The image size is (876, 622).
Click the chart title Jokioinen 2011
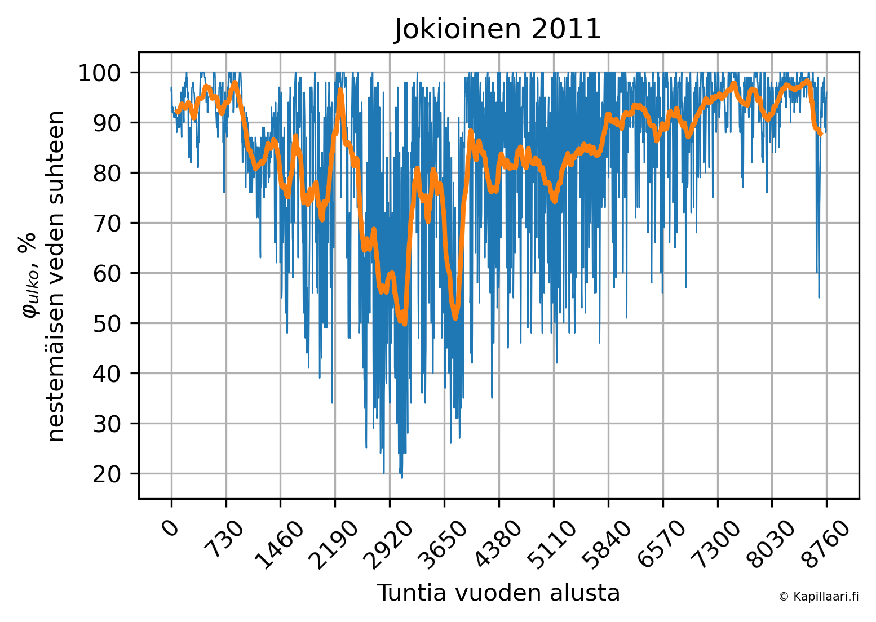[x=498, y=29]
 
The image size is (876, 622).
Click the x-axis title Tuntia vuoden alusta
[x=498, y=593]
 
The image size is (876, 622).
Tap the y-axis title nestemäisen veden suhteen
[x=56, y=276]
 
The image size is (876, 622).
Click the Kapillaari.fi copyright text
[x=819, y=597]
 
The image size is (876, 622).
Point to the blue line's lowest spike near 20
[x=402, y=477]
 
